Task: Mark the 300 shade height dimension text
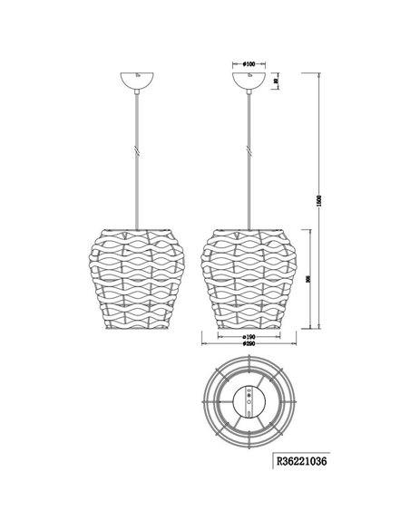click(x=309, y=280)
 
